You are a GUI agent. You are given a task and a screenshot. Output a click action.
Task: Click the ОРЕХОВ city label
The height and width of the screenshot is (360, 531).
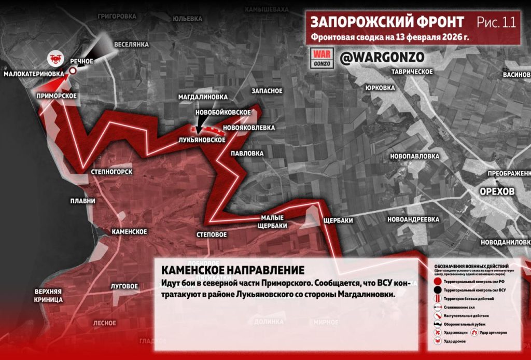coord(496,191)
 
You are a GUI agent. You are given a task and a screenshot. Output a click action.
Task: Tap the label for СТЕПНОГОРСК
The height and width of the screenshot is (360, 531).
coord(111,172)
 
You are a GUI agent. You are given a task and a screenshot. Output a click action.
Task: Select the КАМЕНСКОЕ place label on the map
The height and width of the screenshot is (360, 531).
coord(129,231)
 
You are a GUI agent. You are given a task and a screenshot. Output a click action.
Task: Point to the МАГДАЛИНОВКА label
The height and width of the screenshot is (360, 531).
coord(203,97)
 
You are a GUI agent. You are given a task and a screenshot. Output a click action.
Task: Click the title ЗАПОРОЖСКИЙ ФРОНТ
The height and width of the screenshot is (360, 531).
coord(387,22)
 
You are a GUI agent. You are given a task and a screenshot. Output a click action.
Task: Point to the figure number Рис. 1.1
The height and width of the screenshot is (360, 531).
coord(496,22)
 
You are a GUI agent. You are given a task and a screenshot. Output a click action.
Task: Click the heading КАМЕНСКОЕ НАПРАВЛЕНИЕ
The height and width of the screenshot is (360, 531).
coord(233,271)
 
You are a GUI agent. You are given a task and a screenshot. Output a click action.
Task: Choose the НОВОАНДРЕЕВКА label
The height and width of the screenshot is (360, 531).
coord(416,219)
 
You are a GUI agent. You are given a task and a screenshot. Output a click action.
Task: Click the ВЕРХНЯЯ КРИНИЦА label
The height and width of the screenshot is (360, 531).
coord(49,296)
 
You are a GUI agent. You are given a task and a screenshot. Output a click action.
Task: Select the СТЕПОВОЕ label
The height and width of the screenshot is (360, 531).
coord(212,234)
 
